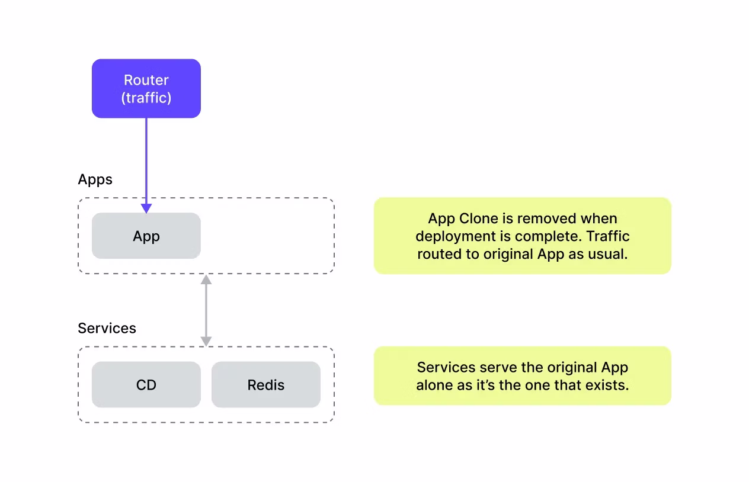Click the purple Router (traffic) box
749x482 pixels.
coord(146,88)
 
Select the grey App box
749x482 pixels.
coord(146,236)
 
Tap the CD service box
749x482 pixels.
coord(146,384)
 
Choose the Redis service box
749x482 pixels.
coord(266,384)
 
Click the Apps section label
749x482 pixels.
coord(95,180)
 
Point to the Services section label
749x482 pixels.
coord(107,329)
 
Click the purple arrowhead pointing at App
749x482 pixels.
coord(146,208)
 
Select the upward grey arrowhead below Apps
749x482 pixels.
coord(206,279)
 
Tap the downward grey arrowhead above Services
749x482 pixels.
coord(206,342)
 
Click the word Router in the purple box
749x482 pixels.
coord(146,80)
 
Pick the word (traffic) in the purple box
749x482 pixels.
coord(146,98)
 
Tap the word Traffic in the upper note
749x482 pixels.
coord(608,236)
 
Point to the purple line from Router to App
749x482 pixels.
coord(146,161)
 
